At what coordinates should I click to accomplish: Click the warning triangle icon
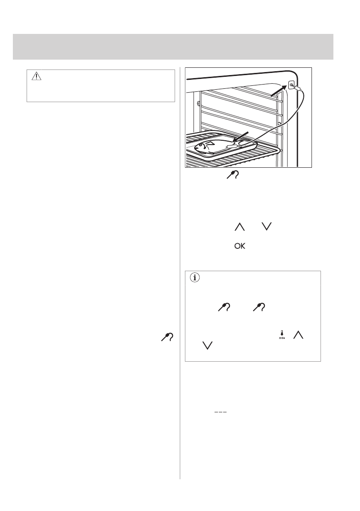coord(36,76)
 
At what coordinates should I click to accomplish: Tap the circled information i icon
coord(195,278)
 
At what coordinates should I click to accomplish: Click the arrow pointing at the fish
coord(240,136)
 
